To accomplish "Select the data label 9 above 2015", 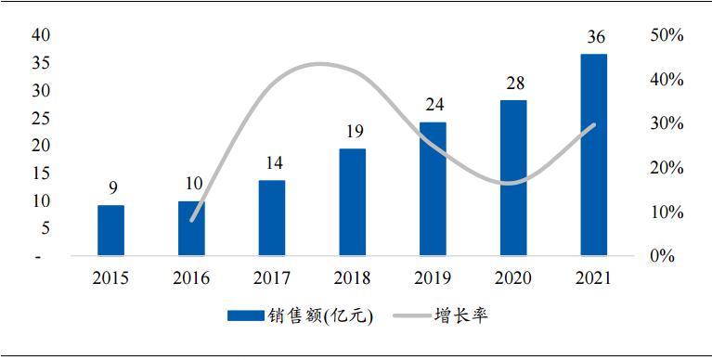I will click(x=110, y=188).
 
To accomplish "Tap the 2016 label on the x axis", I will click(x=190, y=277).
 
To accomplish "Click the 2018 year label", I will click(x=352, y=277).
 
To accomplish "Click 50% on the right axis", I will click(x=667, y=35).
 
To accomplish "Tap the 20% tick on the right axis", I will click(x=667, y=168).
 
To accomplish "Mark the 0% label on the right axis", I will click(x=662, y=256).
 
